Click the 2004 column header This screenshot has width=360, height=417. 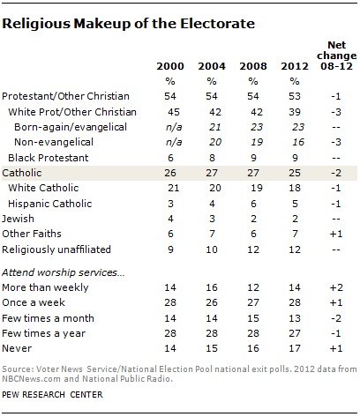tap(212, 66)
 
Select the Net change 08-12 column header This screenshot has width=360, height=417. tap(336, 56)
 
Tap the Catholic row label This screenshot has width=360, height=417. tap(22, 173)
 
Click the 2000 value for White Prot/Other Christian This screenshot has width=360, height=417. tap(174, 112)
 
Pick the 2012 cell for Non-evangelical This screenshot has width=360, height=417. tap(298, 142)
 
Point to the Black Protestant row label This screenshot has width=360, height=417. tap(49, 158)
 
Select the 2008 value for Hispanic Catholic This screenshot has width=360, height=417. tap(253, 204)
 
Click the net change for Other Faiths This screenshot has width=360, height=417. tap(336, 234)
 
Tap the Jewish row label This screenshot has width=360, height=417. tap(18, 219)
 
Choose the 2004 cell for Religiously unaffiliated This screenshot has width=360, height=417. tap(212, 249)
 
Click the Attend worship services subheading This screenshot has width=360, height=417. tap(64, 272)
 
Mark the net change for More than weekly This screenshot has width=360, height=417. tap(336, 287)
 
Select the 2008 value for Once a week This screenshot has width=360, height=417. tap(253, 302)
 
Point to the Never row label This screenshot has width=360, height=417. tap(17, 348)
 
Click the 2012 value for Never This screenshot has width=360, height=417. tap(295, 348)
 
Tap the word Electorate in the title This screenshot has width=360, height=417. tap(218, 24)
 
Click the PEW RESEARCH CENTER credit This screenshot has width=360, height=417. tap(52, 394)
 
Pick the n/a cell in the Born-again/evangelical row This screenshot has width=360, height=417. tap(174, 127)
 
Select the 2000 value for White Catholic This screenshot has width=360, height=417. tap(174, 188)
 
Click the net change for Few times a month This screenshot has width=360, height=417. tap(336, 318)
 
